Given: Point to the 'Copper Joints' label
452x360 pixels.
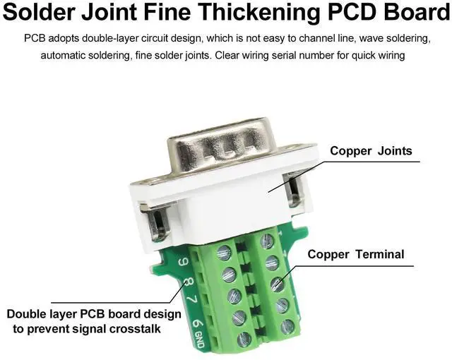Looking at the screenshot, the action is [371, 150].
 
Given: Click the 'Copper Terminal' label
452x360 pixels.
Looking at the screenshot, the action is [356, 254].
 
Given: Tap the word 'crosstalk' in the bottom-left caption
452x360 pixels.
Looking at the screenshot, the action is [126, 329].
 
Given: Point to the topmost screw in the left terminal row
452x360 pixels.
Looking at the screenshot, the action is [225, 251].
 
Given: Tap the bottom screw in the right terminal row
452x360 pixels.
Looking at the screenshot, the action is [287, 327].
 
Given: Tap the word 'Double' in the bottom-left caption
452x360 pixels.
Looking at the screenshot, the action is [26, 313].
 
